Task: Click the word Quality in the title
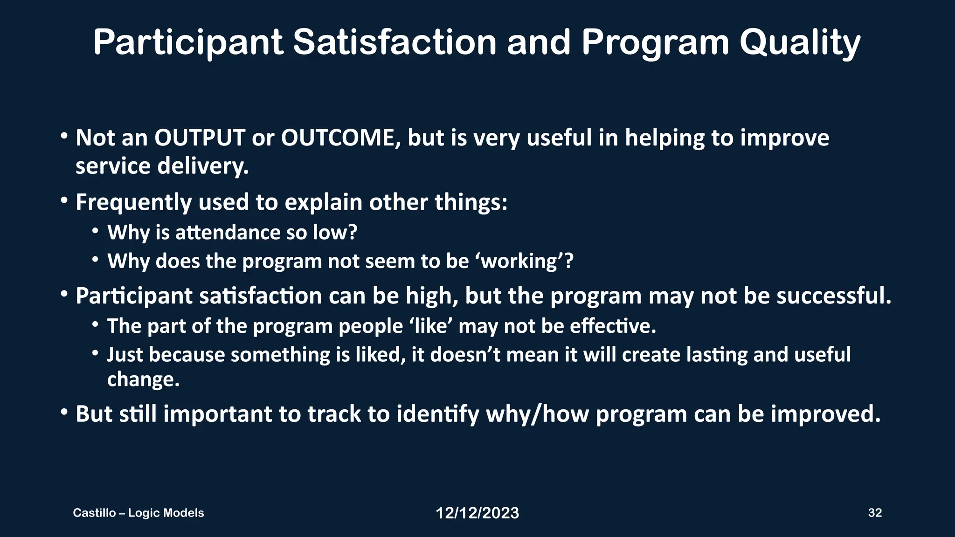799,43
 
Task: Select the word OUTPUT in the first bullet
200,138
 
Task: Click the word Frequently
133,203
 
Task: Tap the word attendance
227,232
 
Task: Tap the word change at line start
143,379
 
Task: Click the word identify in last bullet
437,414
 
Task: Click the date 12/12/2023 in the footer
477,513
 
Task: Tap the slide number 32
875,513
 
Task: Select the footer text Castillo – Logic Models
138,513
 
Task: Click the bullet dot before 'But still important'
64,413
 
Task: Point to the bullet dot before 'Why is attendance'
95,231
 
